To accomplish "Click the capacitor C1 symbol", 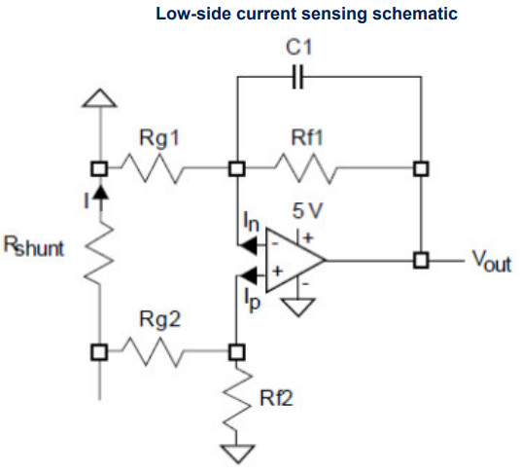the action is coord(297,77).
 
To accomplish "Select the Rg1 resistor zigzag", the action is coord(153,168).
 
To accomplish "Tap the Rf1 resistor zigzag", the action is coord(305,168).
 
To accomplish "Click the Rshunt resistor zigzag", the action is coord(99,253).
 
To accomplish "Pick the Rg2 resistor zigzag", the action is coord(153,351).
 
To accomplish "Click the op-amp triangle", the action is coord(295,260).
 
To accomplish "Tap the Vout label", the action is coord(492,261).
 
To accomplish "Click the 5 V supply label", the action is coord(307,210).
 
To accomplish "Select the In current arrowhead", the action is coord(248,246).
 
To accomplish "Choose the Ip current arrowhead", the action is coord(248,275).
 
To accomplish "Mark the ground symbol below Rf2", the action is coord(238,455).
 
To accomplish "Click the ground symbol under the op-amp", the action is coord(297,307).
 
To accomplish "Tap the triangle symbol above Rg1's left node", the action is coord(99,98).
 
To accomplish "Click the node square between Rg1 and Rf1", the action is coord(237,168).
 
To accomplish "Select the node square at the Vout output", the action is coord(421,260).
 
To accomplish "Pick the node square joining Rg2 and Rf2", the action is coord(237,352).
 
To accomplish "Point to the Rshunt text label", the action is coord(33,246).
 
